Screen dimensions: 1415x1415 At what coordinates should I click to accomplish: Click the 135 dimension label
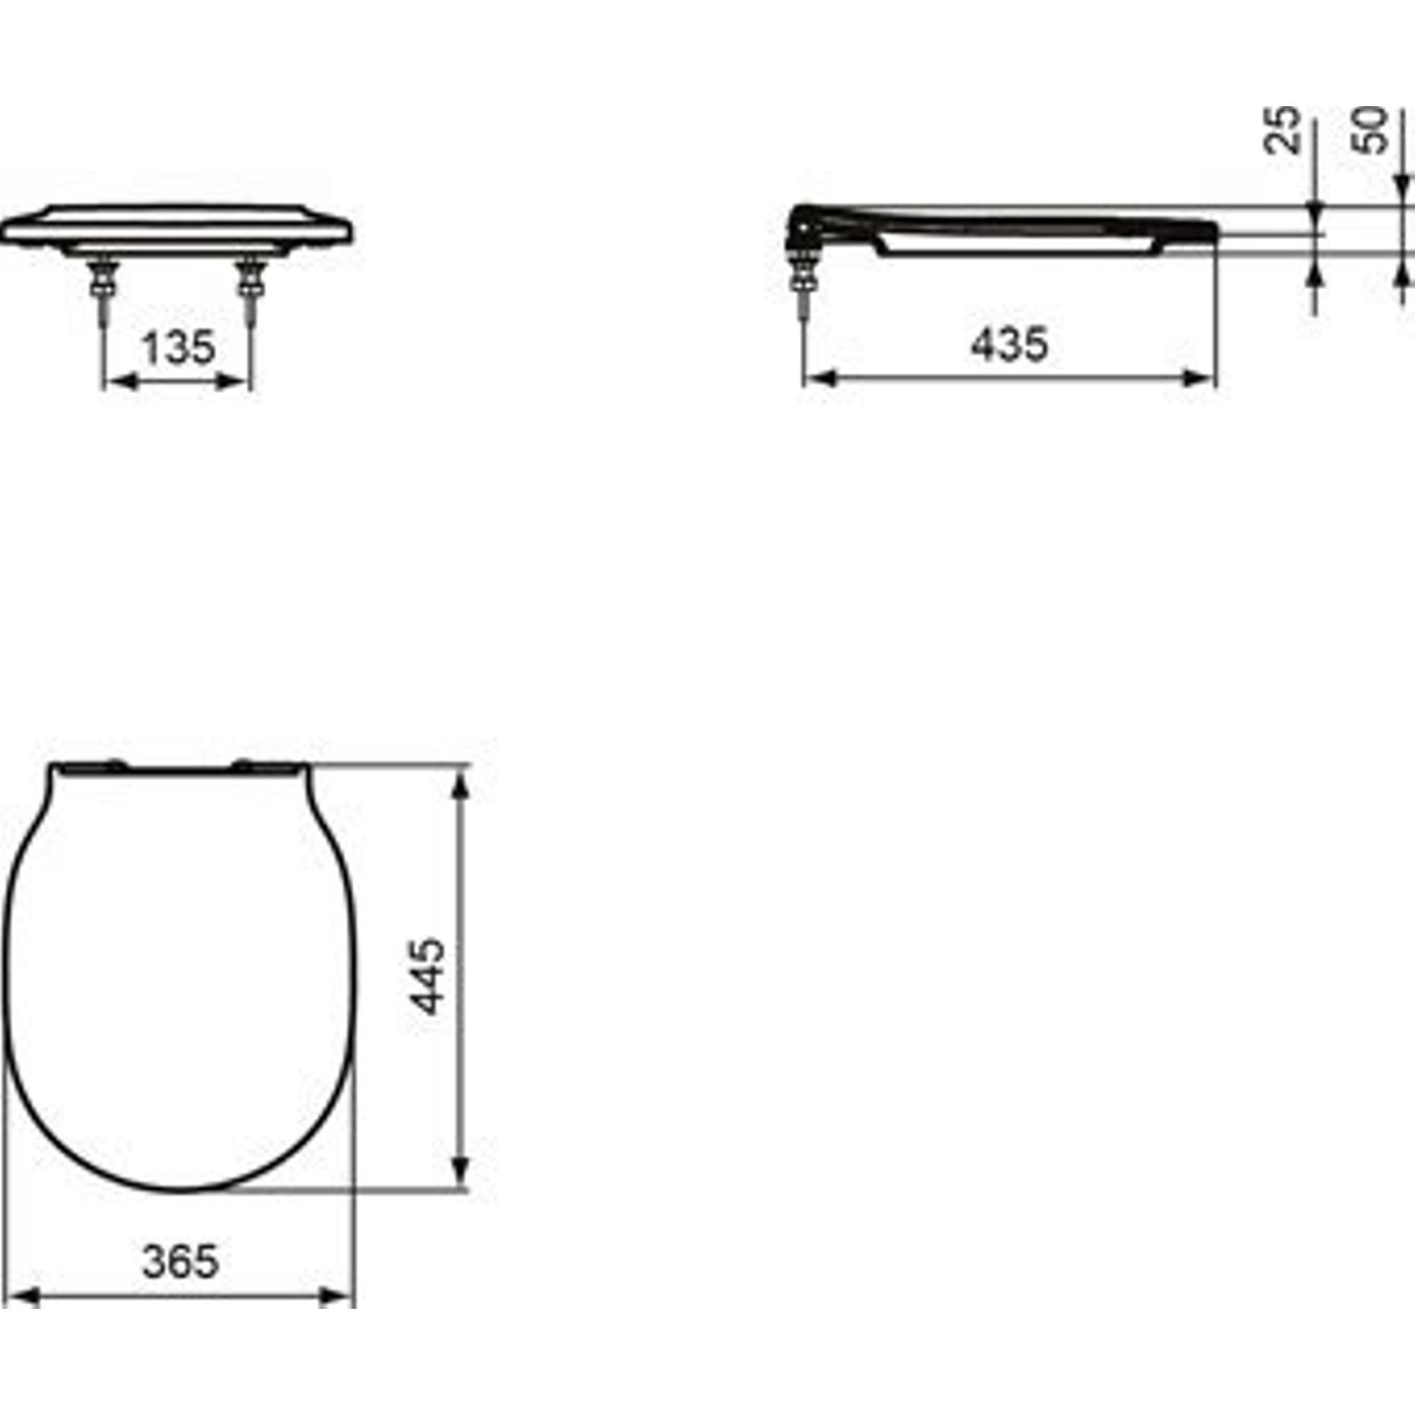coord(179,348)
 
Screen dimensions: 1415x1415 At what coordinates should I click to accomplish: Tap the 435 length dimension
coord(1010,344)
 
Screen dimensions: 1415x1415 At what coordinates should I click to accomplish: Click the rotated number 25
coord(1282,130)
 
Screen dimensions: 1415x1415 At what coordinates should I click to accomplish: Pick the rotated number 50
coord(1370,130)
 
